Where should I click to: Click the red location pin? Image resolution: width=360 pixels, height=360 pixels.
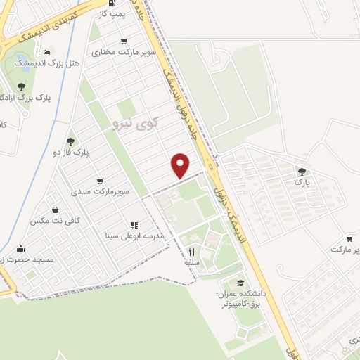(x=181, y=164)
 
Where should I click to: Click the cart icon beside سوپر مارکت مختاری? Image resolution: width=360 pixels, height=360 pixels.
(x=124, y=41)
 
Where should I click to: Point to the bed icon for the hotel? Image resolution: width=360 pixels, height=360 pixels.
(x=47, y=52)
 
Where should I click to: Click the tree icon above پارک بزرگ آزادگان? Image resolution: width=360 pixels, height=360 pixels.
(x=21, y=86)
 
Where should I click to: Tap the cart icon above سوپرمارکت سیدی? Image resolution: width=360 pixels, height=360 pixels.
(x=99, y=181)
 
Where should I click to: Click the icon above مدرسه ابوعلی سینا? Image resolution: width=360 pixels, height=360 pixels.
(x=134, y=226)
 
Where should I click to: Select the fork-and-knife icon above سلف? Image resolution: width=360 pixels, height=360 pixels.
(x=190, y=251)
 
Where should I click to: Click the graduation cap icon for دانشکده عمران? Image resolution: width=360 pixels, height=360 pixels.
(x=240, y=283)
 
